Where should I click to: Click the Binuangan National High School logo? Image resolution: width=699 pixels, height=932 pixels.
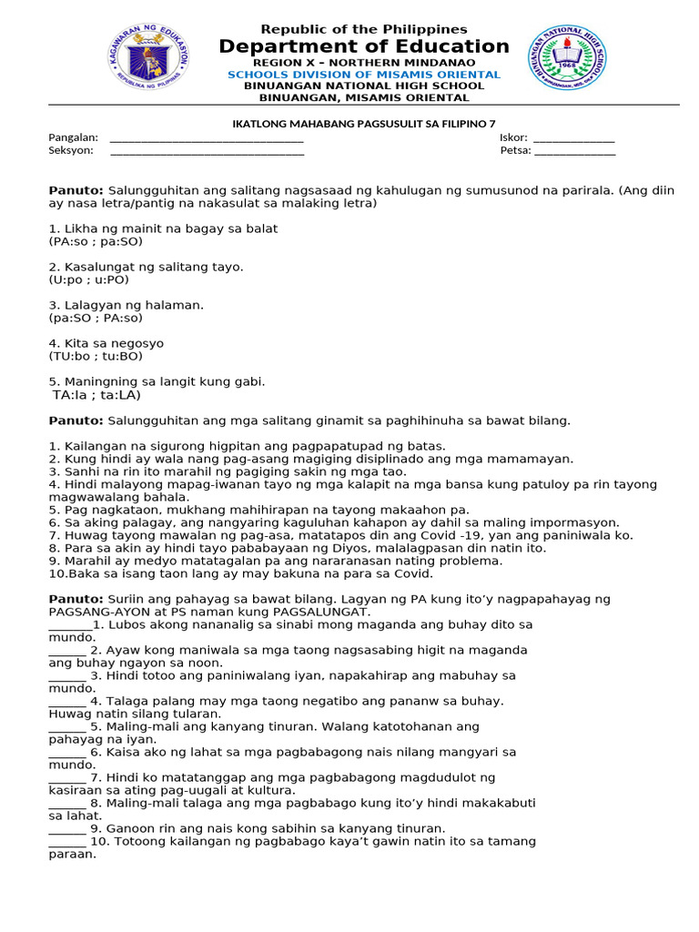pyautogui.click(x=567, y=57)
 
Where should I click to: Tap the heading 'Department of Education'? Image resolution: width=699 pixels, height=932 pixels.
pyautogui.click(x=364, y=46)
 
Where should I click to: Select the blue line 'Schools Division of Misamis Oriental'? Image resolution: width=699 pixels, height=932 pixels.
pyautogui.click(x=364, y=75)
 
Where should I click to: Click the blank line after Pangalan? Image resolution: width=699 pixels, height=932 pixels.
pyautogui.click(x=207, y=138)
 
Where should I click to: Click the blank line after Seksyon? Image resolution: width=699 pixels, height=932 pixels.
pyautogui.click(x=207, y=151)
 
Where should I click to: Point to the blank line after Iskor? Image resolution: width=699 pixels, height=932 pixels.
pyautogui.click(x=573, y=138)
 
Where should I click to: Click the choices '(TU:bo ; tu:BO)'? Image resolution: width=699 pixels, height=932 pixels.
pyautogui.click(x=96, y=357)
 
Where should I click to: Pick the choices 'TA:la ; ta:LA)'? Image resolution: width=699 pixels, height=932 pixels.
pyautogui.click(x=96, y=395)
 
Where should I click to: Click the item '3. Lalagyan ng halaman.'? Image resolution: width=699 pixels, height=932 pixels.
pyautogui.click(x=127, y=305)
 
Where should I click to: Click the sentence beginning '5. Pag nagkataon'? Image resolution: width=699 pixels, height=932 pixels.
pyautogui.click(x=259, y=510)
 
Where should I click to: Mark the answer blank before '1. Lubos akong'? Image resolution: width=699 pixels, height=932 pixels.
pyautogui.click(x=69, y=626)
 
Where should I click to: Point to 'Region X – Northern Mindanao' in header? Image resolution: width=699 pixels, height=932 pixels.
pyautogui.click(x=364, y=62)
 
